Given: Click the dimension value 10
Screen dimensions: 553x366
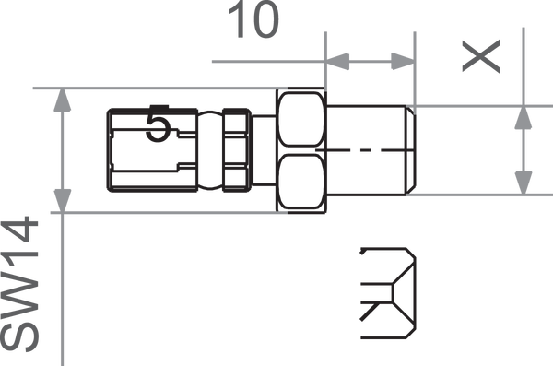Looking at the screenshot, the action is [254, 19].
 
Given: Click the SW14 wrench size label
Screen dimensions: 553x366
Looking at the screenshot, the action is [19, 284].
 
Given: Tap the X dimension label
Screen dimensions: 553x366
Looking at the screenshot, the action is [481, 56].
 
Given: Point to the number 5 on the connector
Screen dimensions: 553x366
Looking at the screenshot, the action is [158, 125].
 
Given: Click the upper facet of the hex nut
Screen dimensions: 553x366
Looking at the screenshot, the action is [301, 119].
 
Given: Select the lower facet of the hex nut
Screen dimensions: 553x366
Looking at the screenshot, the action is [301, 182].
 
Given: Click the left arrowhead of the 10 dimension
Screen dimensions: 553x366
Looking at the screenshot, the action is [337, 62].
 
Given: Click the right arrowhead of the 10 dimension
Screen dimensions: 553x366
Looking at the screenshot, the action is [403, 62].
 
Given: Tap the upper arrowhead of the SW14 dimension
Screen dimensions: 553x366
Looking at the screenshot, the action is [63, 100].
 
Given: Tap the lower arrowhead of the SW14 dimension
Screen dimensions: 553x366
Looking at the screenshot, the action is [63, 201].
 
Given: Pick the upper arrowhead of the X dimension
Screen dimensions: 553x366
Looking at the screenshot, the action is [524, 117].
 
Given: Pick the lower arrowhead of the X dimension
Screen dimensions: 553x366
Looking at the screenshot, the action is [524, 183].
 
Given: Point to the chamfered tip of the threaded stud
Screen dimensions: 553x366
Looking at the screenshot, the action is [411, 150].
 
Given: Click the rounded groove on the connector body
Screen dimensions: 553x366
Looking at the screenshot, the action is [210, 150].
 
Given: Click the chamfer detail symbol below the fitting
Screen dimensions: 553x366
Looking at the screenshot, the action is [388, 293].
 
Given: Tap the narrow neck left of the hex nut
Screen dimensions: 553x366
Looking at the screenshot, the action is [265, 150].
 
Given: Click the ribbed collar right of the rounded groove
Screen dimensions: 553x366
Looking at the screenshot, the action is [237, 150].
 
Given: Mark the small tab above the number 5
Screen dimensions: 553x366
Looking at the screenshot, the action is [159, 107].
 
